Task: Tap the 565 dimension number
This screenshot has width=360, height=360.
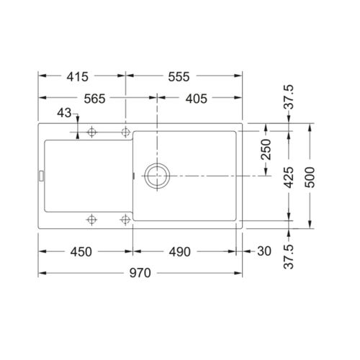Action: tap(96, 99)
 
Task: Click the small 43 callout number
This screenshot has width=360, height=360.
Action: tap(63, 114)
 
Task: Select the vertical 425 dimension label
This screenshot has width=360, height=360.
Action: tap(288, 176)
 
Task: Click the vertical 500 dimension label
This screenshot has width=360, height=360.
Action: tap(310, 176)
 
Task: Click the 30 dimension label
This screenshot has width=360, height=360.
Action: tap(264, 251)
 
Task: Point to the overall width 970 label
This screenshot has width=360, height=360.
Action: tap(139, 273)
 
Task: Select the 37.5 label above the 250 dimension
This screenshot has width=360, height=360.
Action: tap(288, 96)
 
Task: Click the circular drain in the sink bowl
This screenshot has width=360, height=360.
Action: tap(156, 176)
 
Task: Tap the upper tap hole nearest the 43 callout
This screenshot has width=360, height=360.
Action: tap(91, 132)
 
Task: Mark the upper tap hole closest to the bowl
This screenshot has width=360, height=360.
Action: tap(126, 132)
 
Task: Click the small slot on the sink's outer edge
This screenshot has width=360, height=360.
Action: tap(42, 175)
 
